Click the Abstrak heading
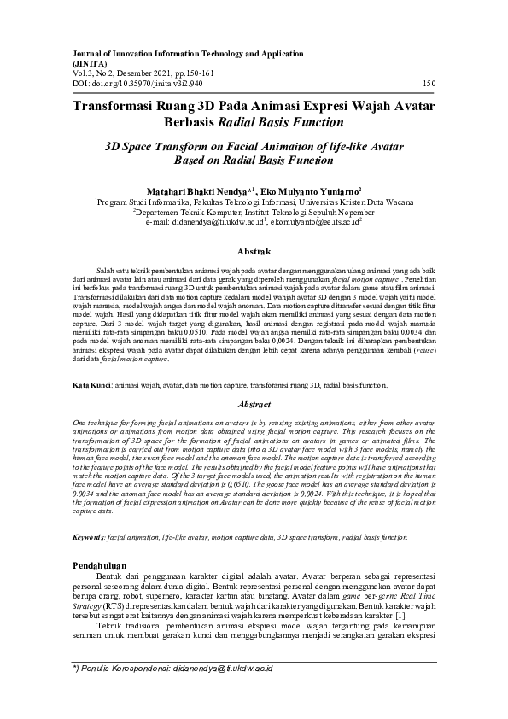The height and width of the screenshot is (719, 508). pos(253,251)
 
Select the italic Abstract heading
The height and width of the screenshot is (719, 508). pos(253,404)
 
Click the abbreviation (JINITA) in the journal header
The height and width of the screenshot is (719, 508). pos(91,63)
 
